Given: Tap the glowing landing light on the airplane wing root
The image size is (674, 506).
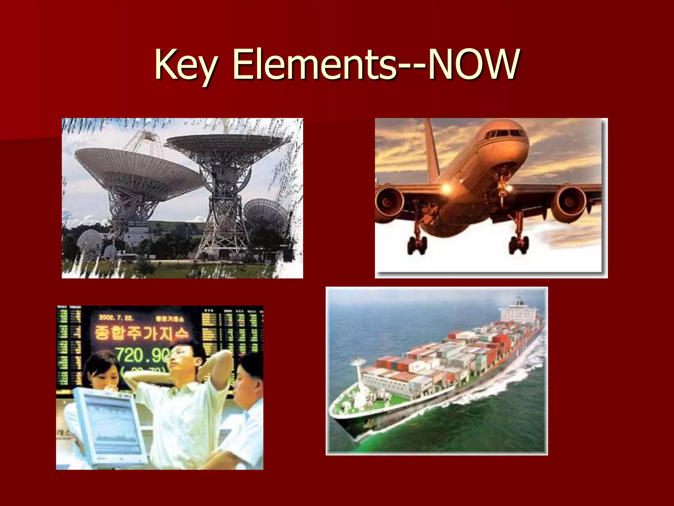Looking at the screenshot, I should (446, 188).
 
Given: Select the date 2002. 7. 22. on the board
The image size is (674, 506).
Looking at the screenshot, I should (116, 318).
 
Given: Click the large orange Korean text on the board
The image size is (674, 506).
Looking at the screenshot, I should (142, 333).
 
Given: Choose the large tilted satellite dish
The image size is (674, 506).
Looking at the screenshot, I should (138, 171).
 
